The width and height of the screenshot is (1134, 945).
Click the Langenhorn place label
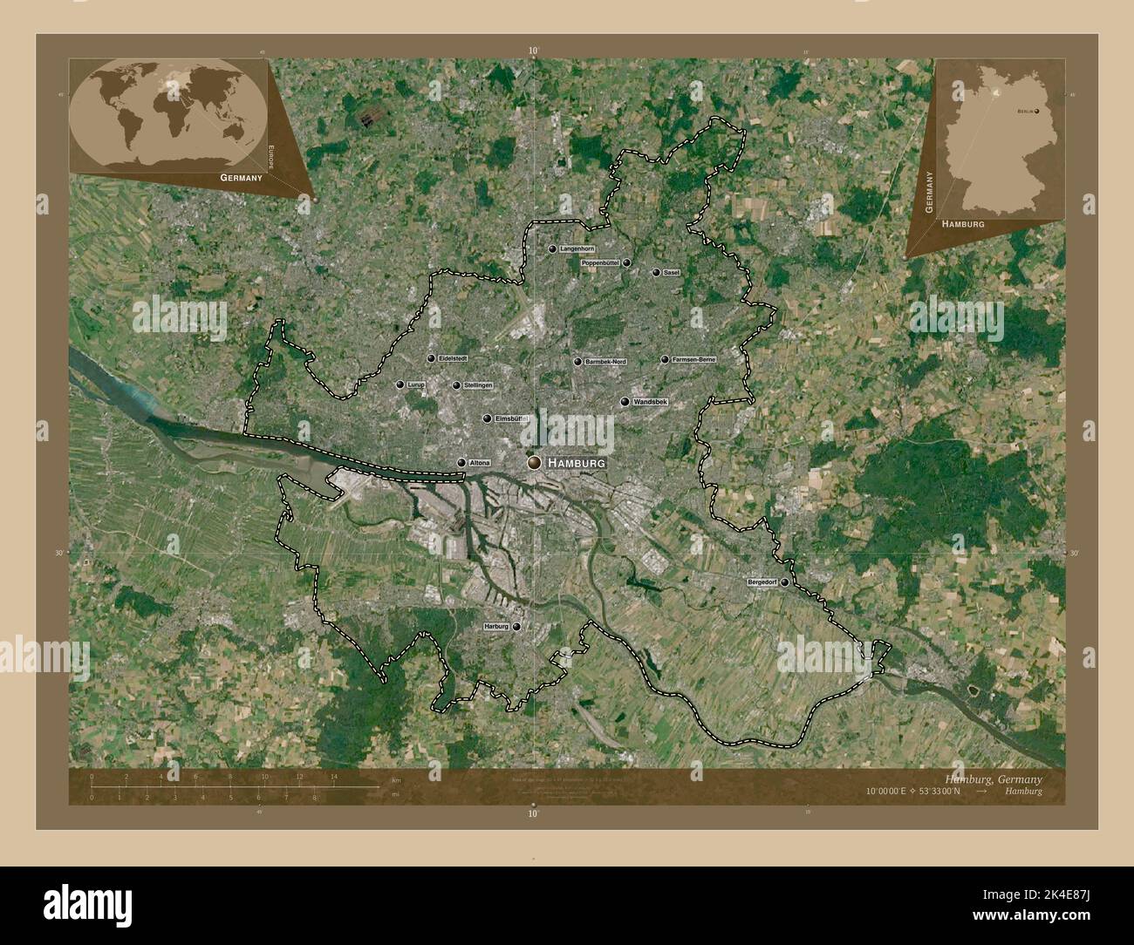pos(577,248)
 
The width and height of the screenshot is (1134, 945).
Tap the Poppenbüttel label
pos(599,262)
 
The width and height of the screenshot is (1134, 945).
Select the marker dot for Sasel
pos(656,272)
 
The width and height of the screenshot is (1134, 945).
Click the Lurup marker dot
pos(400,384)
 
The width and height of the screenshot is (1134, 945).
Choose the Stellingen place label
pos(478,385)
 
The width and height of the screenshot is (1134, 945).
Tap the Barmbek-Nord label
pos(605,361)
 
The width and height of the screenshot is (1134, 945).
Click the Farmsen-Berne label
pos(694,359)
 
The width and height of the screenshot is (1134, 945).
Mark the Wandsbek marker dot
pos(625,402)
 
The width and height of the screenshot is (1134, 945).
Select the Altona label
pos(480,463)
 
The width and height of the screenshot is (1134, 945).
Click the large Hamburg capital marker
pos(534,464)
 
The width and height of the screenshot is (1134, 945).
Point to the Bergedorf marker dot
pos(784,581)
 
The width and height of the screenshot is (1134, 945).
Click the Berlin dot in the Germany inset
pos(1037,111)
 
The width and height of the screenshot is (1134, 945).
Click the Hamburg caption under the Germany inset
pos(963,224)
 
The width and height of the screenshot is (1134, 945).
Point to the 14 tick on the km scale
pos(333,776)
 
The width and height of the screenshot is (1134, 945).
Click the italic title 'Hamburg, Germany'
pos(994,778)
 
